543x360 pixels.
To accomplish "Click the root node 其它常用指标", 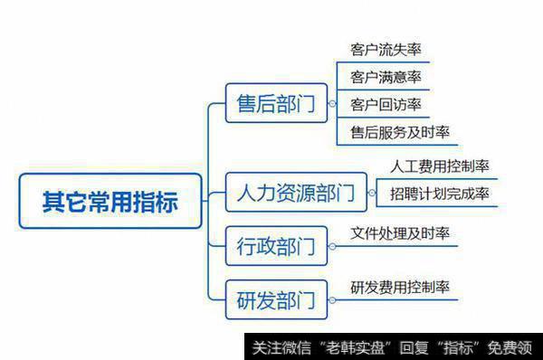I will [110, 201].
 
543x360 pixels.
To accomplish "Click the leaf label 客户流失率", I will [385, 49].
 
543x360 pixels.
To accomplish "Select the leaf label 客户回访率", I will [385, 105].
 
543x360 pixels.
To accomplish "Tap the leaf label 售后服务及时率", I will [399, 132].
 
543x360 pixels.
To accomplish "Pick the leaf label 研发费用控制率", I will [399, 289].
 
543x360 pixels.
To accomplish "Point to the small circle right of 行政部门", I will [331, 246].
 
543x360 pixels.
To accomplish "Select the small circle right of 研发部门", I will [331, 299].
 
